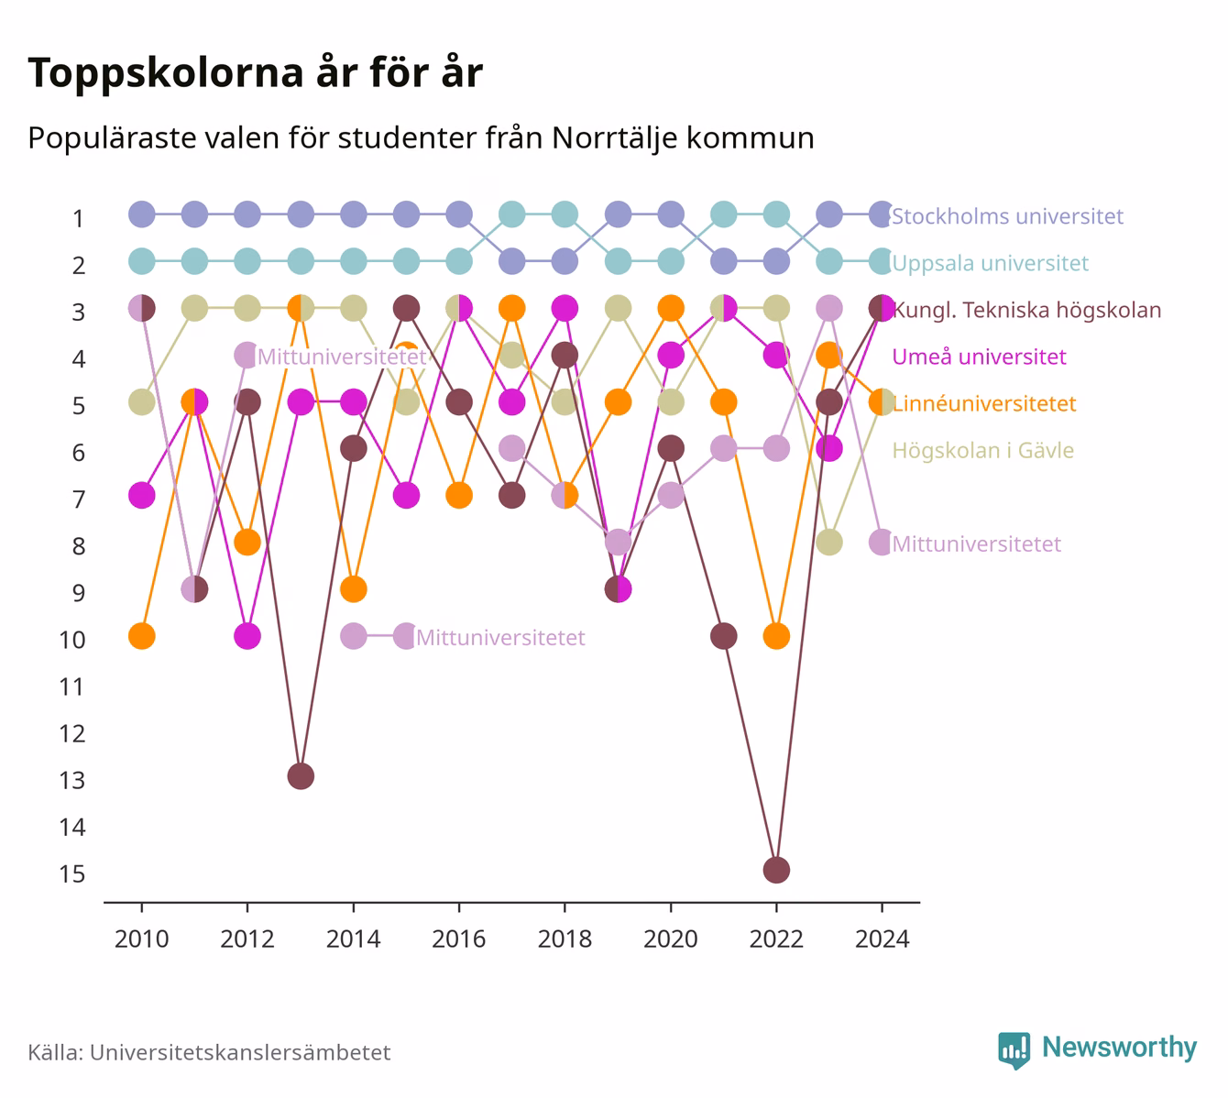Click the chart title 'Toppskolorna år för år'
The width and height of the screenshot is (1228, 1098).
point(255,72)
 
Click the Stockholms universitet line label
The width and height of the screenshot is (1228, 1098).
point(1007,215)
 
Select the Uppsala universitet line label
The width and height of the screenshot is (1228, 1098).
point(990,263)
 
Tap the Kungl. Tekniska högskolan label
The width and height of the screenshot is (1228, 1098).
point(1026,310)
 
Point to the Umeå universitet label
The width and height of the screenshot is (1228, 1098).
point(979,357)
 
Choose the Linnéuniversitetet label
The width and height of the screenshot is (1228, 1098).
point(983,403)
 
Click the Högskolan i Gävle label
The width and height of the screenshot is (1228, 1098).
point(982,451)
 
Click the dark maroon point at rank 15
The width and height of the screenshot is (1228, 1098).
point(776,870)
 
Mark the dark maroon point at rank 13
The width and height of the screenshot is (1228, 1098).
point(301,776)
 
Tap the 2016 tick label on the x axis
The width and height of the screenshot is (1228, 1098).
point(459,939)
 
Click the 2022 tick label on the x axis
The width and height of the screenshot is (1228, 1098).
point(776,939)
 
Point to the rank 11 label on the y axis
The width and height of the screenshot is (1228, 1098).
point(72,686)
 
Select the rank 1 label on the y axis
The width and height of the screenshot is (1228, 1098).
point(78,218)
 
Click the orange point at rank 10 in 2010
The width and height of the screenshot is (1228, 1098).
point(142,636)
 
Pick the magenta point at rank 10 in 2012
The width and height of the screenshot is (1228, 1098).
point(247,636)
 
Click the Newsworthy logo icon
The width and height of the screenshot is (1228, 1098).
point(1014,1050)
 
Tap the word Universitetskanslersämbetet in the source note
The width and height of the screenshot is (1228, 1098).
point(240,1052)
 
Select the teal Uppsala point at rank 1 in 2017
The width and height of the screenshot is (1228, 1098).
point(511,214)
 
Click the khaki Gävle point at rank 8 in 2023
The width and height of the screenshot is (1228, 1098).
point(829,542)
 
